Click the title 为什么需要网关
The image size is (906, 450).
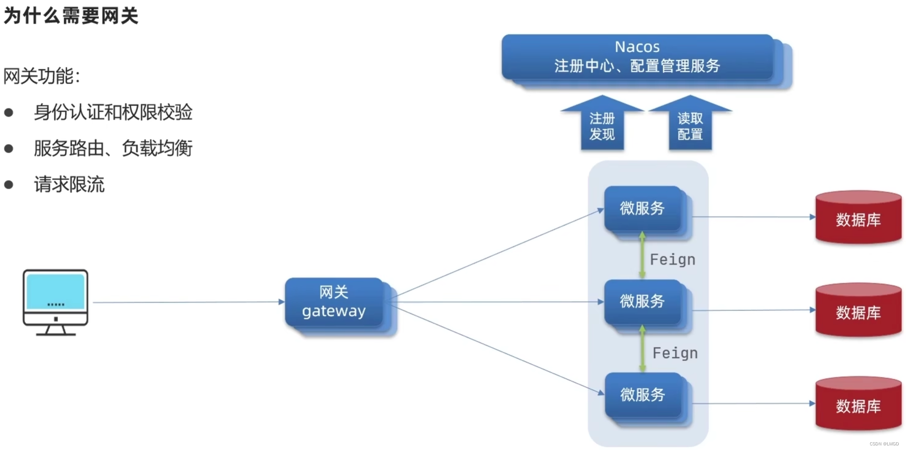coord(71,16)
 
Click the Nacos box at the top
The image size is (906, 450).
coord(637,57)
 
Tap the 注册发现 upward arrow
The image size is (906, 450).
coord(602,126)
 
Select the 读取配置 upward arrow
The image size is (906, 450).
coord(690,126)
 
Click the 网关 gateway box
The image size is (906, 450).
coord(334,302)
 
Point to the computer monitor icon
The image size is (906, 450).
coord(55,302)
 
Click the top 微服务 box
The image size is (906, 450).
coord(642,209)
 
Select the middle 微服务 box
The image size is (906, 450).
coord(642,302)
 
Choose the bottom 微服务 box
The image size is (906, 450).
coord(643,395)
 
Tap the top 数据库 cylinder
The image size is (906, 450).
coord(858,218)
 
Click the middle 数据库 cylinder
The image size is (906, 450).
coord(858,311)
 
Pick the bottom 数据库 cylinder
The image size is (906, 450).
coord(858,405)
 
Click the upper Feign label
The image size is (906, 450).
coord(673,260)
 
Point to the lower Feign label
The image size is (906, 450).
coord(675,353)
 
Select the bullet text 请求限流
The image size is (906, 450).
coord(69,185)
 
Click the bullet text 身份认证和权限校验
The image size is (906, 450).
coord(113,112)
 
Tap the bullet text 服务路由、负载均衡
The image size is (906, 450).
coord(113,148)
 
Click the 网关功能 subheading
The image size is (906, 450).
coord(42,76)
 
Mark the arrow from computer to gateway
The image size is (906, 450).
coord(188,302)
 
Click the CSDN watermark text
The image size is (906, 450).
coord(884,444)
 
